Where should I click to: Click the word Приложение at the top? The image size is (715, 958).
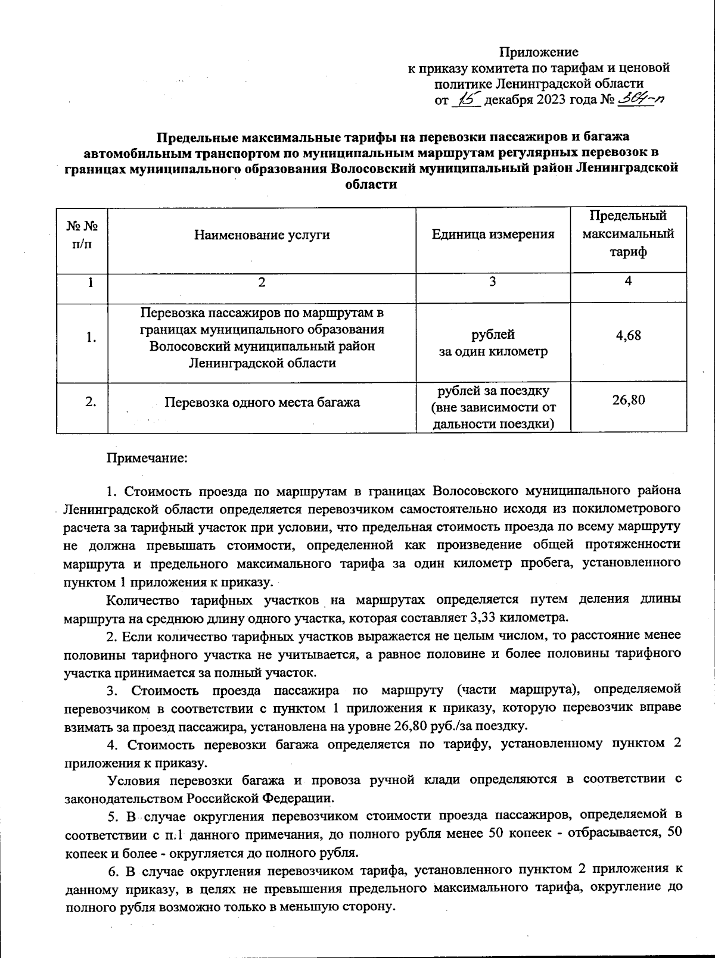(x=538, y=52)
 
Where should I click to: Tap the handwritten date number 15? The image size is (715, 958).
(x=466, y=98)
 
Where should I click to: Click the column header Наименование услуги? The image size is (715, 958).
(x=262, y=235)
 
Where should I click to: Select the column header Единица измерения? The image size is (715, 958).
(x=493, y=235)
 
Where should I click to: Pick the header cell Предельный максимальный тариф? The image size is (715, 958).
(x=628, y=233)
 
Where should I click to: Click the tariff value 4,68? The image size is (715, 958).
(x=628, y=335)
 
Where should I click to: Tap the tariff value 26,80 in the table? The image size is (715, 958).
(x=628, y=400)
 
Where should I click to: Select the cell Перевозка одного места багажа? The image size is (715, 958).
(x=262, y=402)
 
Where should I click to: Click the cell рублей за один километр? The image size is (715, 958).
(x=493, y=343)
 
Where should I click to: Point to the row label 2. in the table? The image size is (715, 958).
(x=91, y=402)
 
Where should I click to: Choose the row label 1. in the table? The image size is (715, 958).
(x=91, y=338)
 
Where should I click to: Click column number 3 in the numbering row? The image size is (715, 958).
(x=492, y=282)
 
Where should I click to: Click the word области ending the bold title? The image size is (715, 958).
(x=371, y=184)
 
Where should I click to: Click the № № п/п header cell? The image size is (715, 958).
(x=82, y=235)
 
